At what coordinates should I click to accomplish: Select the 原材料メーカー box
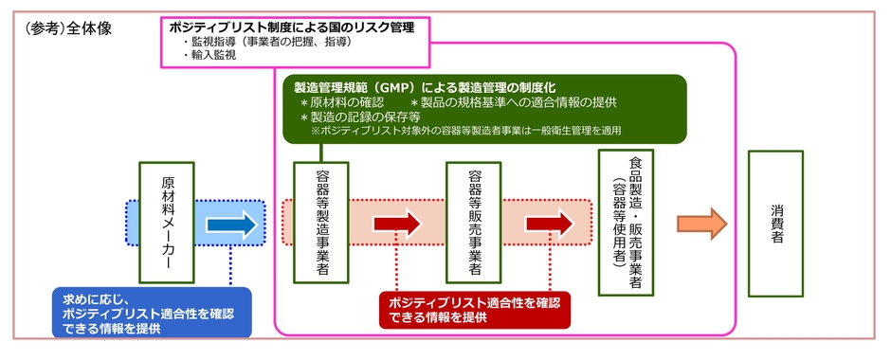pos(166,223)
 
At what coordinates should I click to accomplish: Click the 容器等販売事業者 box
pos(473,223)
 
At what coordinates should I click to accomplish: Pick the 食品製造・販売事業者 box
pos(627,223)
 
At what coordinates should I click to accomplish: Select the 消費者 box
pos(775,223)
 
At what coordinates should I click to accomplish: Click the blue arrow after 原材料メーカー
pos(231,225)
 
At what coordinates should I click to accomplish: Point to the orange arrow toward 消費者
pos(701,224)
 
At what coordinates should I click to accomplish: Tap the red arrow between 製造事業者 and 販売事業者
pos(397,225)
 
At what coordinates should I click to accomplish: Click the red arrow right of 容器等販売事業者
pos(550,225)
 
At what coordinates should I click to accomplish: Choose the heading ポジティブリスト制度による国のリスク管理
pos(291,27)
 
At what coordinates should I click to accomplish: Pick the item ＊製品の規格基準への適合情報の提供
pos(512,102)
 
